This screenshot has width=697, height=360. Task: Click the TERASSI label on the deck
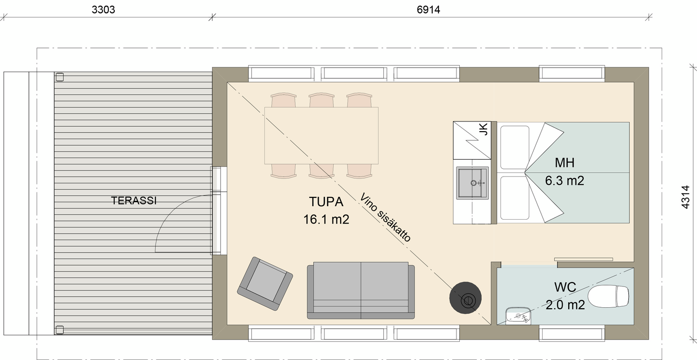point(134,201)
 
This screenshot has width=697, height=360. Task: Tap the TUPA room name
point(326,201)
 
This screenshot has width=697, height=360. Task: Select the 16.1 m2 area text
point(326,220)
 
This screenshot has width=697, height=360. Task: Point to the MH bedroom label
point(564,163)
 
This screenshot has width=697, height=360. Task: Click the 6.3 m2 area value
point(564,181)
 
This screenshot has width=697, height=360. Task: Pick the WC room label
point(565,287)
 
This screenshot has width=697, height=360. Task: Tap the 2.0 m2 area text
point(565,305)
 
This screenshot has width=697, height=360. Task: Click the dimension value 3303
point(103,10)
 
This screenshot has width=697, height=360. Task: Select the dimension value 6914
point(428,10)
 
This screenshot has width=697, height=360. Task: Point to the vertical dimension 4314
point(685,197)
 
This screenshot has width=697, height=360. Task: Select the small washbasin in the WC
point(518,316)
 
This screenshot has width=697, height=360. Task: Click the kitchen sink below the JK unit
point(472,183)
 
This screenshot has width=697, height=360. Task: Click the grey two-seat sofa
point(361,290)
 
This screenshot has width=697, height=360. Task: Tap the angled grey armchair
point(265,284)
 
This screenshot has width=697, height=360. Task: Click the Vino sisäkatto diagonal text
point(386,217)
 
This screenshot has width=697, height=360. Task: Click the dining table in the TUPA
point(321,135)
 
